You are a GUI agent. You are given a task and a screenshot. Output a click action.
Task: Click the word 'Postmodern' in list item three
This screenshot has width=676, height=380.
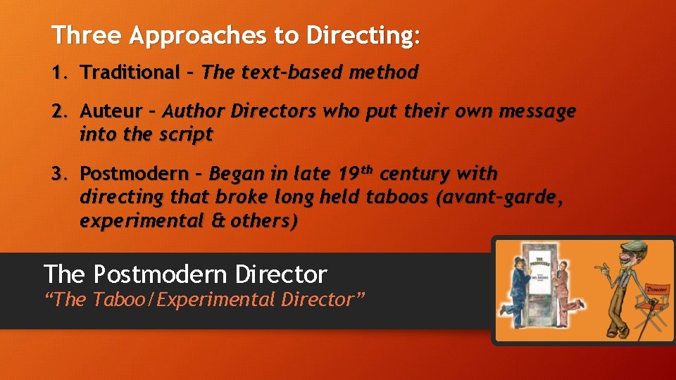134,173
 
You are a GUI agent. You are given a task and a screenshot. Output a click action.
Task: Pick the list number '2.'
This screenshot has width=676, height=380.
59,111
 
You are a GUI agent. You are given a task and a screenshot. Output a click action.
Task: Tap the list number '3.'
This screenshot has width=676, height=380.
59,173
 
